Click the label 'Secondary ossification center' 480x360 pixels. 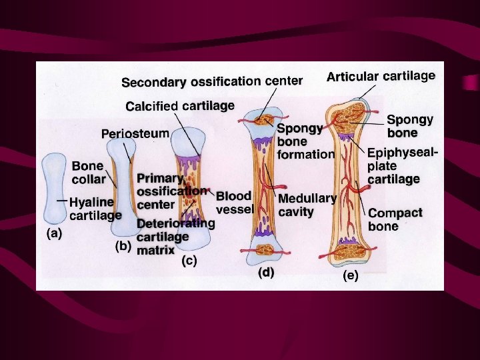click(x=211, y=82)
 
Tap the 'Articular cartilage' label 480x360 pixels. click(x=381, y=77)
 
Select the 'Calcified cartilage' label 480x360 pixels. click(x=180, y=106)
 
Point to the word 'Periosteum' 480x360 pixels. click(x=135, y=133)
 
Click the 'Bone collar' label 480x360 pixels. click(x=88, y=172)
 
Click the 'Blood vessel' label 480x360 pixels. click(x=233, y=203)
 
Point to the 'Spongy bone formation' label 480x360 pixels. click(x=305, y=141)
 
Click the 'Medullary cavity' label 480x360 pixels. click(x=307, y=205)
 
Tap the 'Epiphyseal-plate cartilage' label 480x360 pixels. click(x=402, y=165)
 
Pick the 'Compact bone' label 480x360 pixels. click(x=395, y=219)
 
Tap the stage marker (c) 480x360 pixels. click(x=189, y=261)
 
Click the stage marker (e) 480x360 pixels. click(x=350, y=275)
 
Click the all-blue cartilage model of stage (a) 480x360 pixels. click(x=54, y=187)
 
